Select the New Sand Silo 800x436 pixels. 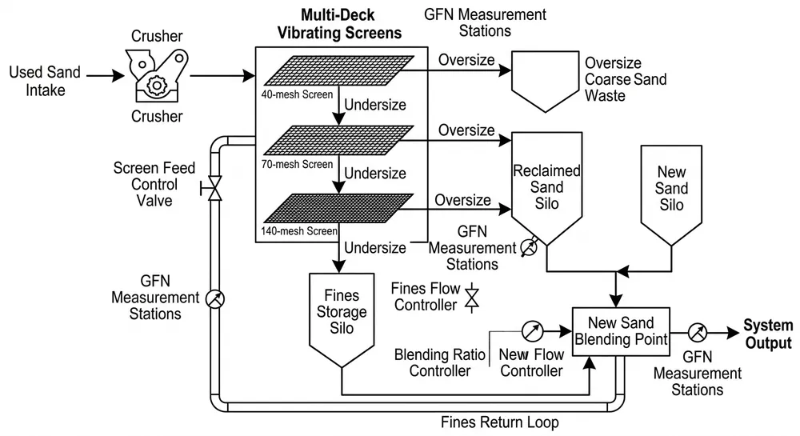pos(670,192)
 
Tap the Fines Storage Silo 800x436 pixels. pos(342,316)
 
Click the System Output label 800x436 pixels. pos(768,334)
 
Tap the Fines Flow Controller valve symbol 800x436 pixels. pos(472,296)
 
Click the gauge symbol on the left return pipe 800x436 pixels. pos(214,298)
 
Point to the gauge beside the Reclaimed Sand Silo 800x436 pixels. pos(529,249)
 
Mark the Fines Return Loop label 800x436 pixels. pos(499,422)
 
